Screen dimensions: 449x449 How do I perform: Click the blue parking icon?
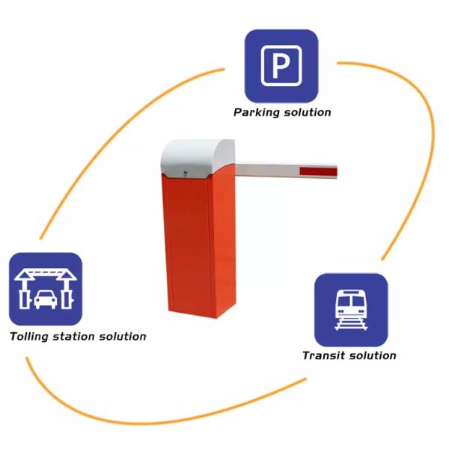[281, 65]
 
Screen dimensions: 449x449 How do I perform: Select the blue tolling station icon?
[45, 289]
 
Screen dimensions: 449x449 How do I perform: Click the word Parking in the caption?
[256, 112]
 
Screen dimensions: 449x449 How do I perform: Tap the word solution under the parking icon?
[307, 112]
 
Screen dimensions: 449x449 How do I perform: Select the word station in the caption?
[76, 336]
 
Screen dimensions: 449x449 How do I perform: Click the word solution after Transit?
[372, 355]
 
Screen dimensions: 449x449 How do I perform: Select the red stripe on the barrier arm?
[320, 172]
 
